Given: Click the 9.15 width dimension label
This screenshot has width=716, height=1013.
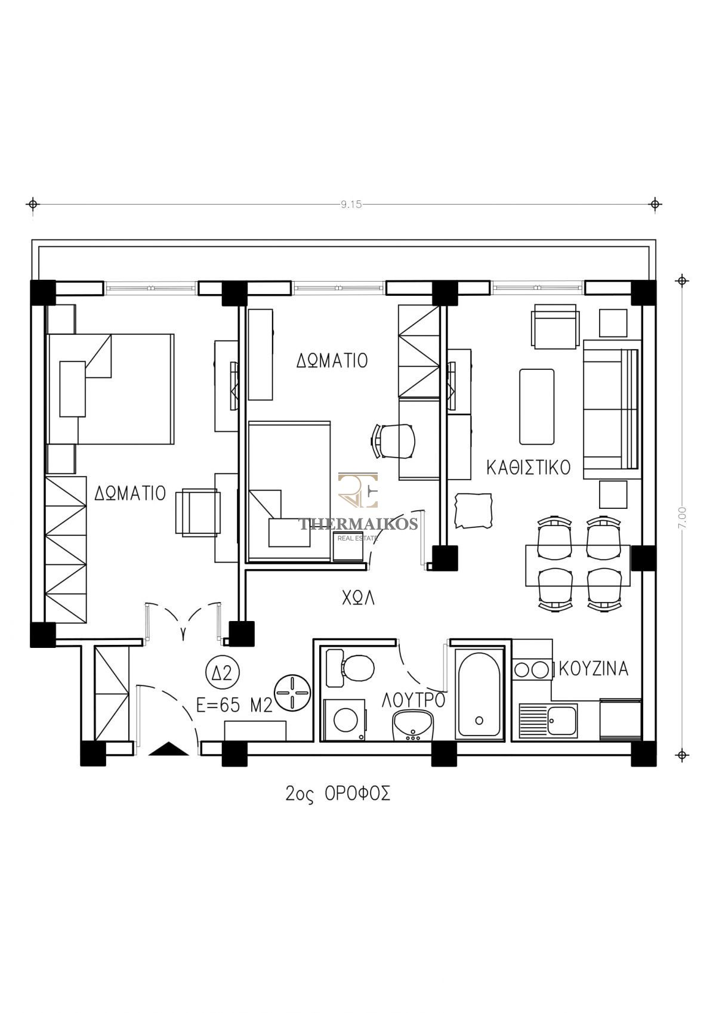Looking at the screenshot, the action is (351, 205).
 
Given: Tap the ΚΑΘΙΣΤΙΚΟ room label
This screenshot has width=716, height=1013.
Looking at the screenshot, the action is (528, 468).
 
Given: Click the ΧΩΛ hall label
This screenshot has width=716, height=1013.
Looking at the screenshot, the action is (358, 598).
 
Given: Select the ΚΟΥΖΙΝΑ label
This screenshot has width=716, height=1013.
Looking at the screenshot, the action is (594, 669).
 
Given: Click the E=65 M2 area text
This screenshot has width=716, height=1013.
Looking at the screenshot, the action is (234, 705).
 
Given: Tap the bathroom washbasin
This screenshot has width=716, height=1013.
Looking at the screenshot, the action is (412, 725).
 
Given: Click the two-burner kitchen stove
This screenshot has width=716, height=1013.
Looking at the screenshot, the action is (532, 670).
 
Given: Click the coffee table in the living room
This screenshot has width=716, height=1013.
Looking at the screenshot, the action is (537, 406).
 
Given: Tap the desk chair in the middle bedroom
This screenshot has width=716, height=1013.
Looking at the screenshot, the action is (393, 441).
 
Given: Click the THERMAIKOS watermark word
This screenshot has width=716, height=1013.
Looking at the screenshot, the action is (358, 524).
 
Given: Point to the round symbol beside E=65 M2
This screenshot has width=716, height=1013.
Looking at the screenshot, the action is (292, 693).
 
